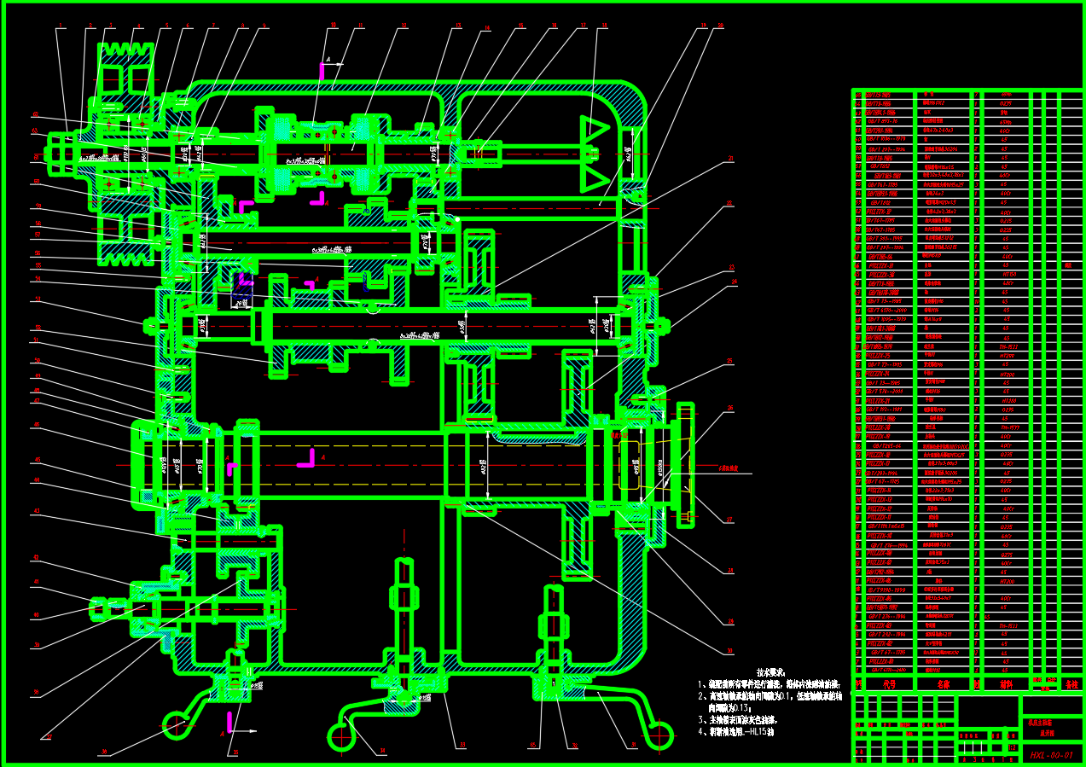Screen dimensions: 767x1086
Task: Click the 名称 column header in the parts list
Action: [943, 683]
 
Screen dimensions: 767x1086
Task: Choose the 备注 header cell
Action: [1071, 683]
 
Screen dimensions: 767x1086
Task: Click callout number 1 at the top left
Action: [61, 26]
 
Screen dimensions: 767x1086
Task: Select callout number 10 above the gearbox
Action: [333, 26]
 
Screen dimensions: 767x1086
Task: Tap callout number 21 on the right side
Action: [731, 159]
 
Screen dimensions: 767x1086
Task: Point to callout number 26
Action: [730, 409]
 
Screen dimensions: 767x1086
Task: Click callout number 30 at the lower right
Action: [730, 650]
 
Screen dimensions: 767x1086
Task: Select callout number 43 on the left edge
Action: [36, 512]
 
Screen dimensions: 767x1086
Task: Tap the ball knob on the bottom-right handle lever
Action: [659, 734]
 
